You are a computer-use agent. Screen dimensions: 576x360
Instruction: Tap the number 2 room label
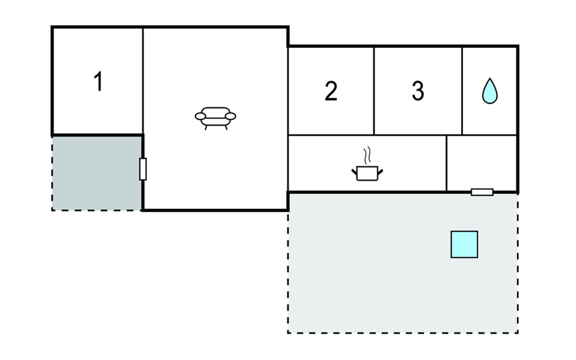tap(331, 91)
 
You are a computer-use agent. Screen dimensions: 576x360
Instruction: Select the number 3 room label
tap(418, 91)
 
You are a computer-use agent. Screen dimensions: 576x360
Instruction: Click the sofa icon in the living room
tap(215, 118)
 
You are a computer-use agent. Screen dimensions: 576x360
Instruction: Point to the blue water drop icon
tap(490, 91)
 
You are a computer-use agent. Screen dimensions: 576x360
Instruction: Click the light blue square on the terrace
tap(464, 244)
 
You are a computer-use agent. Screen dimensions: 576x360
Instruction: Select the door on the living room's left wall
tap(143, 169)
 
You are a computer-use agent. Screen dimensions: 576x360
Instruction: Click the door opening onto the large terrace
tap(482, 192)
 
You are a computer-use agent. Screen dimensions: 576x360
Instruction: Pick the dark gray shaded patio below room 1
tap(97, 173)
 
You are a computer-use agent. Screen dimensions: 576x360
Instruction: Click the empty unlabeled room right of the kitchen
tap(481, 163)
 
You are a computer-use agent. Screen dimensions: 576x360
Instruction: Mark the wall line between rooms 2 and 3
tap(374, 91)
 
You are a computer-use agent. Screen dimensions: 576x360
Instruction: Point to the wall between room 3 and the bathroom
tap(462, 91)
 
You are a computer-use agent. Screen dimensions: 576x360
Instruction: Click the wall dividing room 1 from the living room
tap(143, 81)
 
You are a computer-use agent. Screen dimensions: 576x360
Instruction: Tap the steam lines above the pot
tap(367, 155)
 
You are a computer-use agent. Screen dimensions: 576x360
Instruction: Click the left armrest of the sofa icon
tap(200, 116)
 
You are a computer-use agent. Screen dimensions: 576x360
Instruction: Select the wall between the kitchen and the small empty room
tap(446, 163)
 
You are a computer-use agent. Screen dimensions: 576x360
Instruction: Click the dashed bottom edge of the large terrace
tap(403, 332)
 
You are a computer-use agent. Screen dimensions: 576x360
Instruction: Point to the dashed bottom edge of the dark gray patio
tap(97, 210)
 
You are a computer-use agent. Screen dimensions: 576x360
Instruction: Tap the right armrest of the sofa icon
tap(230, 116)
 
